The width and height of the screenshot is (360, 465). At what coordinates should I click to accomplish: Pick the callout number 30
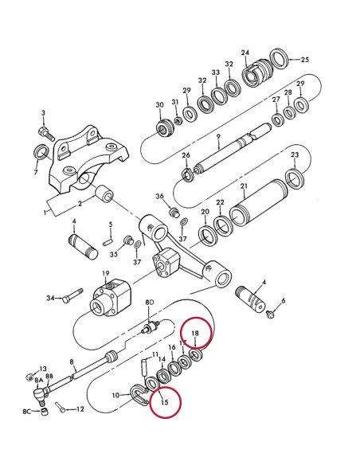point(159,105)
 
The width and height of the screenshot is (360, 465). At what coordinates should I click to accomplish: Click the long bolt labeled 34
point(71,299)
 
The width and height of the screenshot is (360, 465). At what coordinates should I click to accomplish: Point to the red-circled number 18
point(194,333)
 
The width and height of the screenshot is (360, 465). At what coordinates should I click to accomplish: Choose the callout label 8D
point(148,303)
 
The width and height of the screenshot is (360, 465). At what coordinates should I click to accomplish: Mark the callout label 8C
point(26,412)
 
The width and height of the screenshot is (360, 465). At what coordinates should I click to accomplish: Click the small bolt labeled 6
point(271,311)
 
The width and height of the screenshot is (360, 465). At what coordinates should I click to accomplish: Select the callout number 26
point(186,155)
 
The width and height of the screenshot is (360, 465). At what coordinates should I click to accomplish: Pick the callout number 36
point(159,196)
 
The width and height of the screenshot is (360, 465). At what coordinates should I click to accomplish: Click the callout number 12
point(79,409)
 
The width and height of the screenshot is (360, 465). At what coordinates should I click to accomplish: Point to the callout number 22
point(220,203)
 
